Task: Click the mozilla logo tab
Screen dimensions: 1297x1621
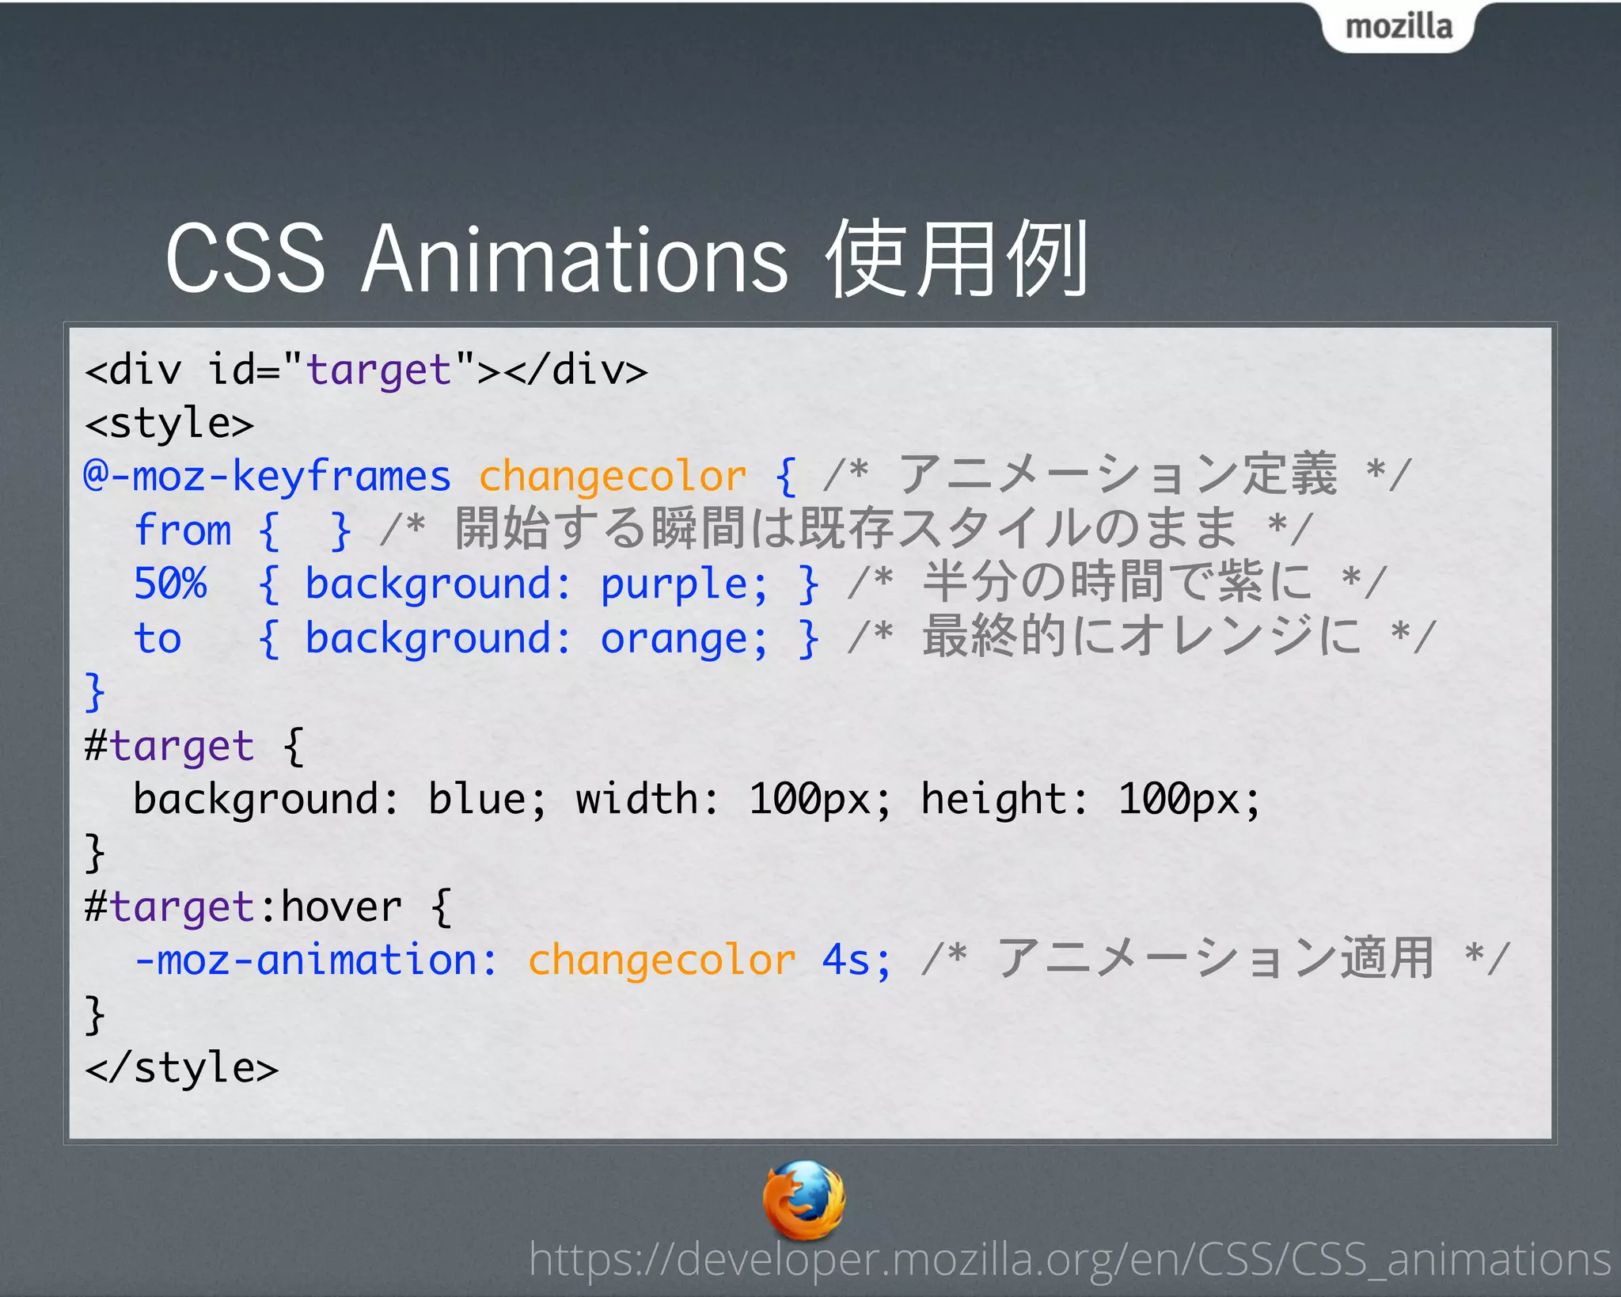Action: click(1399, 27)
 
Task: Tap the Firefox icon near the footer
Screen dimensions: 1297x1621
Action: click(803, 1200)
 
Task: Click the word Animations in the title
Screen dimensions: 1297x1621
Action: click(575, 259)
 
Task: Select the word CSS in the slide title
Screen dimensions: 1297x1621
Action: click(245, 259)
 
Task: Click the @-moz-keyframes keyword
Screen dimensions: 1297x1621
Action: click(267, 477)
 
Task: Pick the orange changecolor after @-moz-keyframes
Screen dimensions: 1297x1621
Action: click(612, 477)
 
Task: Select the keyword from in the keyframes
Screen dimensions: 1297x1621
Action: click(183, 530)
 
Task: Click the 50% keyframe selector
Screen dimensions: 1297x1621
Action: click(170, 584)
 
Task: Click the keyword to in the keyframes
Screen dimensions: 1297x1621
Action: click(158, 638)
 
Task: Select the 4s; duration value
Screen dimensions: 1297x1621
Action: click(856, 960)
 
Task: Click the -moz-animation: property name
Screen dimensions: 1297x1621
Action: click(316, 960)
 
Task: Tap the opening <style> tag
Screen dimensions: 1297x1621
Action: click(169, 424)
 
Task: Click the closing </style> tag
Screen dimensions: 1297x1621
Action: click(182, 1068)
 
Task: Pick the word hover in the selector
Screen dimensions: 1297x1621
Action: click(341, 907)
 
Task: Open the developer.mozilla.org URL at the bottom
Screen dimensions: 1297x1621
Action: click(1069, 1259)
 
